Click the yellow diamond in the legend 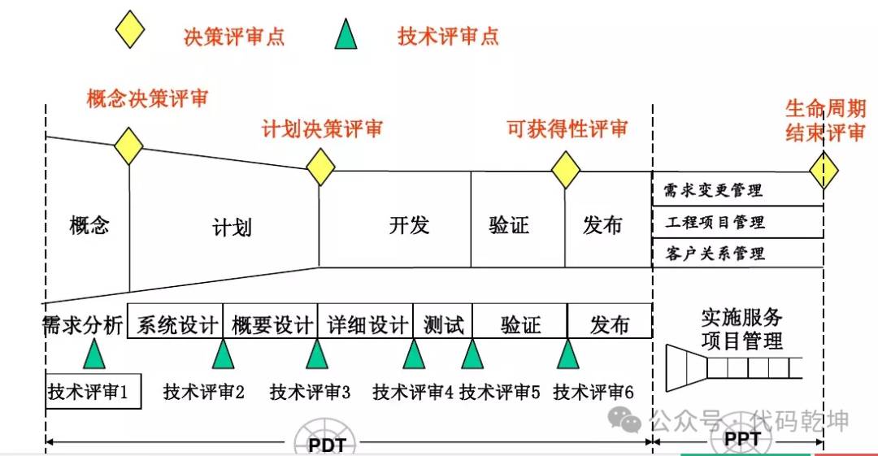tap(130, 29)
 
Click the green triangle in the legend tap(346, 34)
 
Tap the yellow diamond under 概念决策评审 tap(128, 146)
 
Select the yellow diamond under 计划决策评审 tap(320, 167)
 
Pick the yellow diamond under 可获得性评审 tap(566, 170)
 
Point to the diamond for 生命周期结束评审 tap(824, 171)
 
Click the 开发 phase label tap(409, 225)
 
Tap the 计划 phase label tap(232, 228)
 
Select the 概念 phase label tap(89, 225)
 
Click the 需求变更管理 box tap(737, 189)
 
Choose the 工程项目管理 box tap(737, 223)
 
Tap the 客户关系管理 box tap(737, 254)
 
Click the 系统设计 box tap(176, 321)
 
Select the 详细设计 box tap(365, 321)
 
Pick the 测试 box tap(443, 321)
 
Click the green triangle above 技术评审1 tap(94, 354)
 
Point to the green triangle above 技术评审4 tap(414, 354)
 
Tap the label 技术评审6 tap(593, 392)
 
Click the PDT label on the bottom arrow tap(327, 445)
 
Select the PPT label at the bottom tap(742, 439)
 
